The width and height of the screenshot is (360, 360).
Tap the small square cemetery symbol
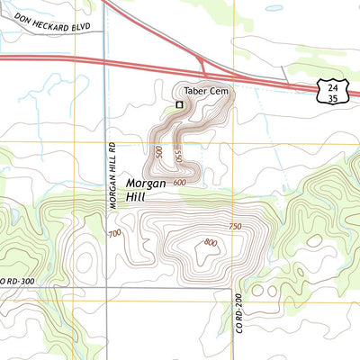point(179,104)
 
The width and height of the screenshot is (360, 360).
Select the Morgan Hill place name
point(145,187)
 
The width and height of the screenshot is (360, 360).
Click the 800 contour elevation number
point(211,242)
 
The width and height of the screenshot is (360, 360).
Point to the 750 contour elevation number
point(236,226)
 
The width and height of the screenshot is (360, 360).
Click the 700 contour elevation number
point(114,234)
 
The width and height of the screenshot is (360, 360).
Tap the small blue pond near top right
point(274,9)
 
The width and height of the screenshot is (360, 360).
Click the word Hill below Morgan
point(136,194)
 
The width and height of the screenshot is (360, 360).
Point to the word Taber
point(195,91)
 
